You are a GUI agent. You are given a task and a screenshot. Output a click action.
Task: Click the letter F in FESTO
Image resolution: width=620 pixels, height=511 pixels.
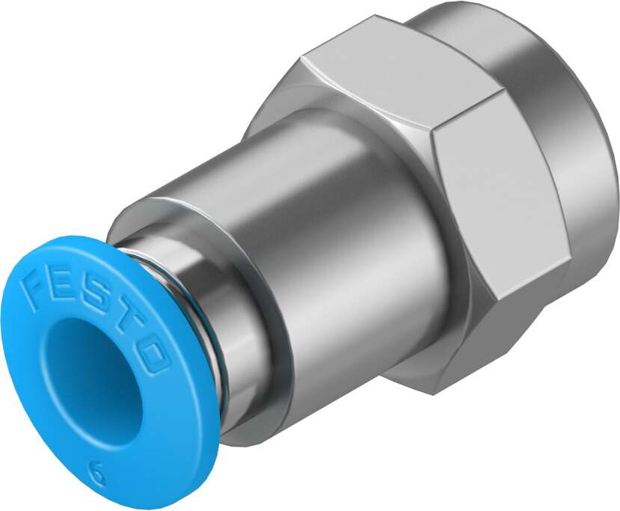pos(37,289)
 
